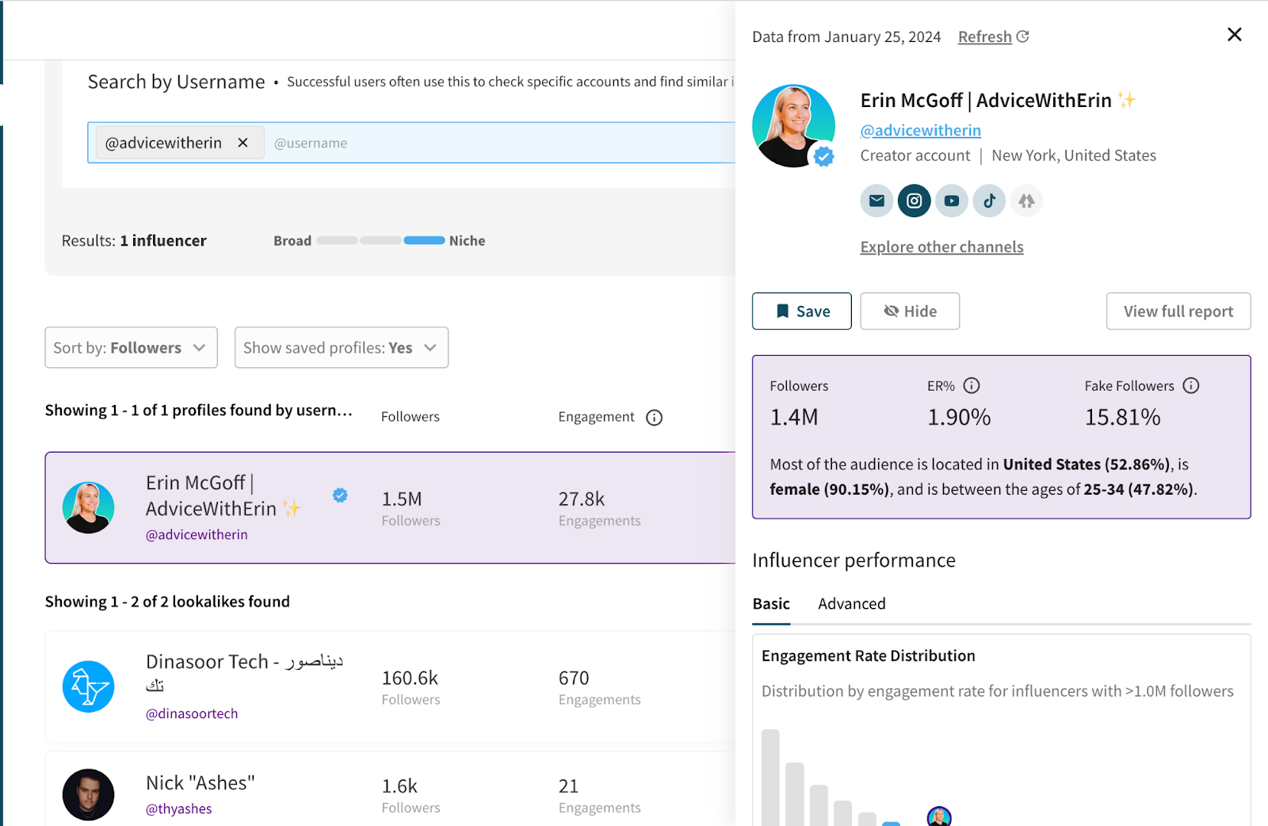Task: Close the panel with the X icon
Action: click(x=1234, y=35)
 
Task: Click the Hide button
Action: click(x=910, y=312)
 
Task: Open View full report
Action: click(x=1178, y=312)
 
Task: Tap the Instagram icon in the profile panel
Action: click(x=914, y=201)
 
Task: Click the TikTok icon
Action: click(x=989, y=201)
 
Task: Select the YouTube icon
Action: click(x=951, y=201)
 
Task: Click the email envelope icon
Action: click(x=877, y=201)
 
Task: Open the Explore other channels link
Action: click(x=941, y=247)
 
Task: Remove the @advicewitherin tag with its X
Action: click(x=243, y=143)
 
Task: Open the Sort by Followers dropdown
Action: click(x=131, y=348)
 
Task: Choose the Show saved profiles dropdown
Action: click(x=341, y=348)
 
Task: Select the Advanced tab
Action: click(x=851, y=604)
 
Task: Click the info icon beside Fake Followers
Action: click(x=1190, y=386)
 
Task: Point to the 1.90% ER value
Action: click(x=959, y=417)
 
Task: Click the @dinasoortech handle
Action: click(x=192, y=713)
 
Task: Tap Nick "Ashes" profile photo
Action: click(x=88, y=794)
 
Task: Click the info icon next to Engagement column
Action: click(x=654, y=418)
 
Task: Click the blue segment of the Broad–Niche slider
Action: click(x=424, y=241)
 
